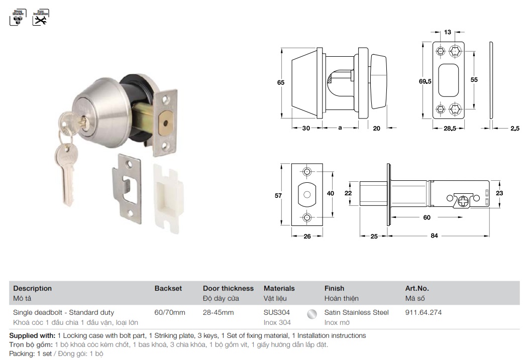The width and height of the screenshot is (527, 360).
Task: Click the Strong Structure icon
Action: pyautogui.click(x=18, y=18)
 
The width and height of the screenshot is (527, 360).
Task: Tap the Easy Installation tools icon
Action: pyautogui.click(x=41, y=18)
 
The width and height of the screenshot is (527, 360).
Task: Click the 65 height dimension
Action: pyautogui.click(x=281, y=82)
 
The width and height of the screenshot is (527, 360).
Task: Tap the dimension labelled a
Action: pyautogui.click(x=340, y=128)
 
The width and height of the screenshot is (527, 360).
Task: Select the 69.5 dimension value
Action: pyautogui.click(x=425, y=81)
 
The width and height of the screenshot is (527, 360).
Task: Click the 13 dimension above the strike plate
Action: pyautogui.click(x=447, y=32)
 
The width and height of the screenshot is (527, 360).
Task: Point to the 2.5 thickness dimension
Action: pyautogui.click(x=514, y=128)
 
